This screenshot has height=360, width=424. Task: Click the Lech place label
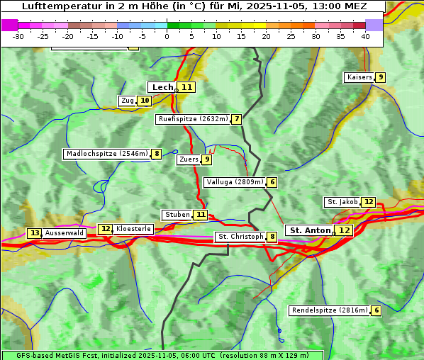[162, 87]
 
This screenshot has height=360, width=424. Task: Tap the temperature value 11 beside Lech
[186, 87]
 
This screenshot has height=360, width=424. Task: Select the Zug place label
[127, 101]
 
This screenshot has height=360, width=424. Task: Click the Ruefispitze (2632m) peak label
[193, 119]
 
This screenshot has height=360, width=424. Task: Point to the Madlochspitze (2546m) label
[106, 154]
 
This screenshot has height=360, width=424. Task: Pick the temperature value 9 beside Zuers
[207, 159]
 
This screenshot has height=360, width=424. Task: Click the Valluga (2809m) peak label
[235, 182]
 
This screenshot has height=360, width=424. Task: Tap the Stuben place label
[177, 215]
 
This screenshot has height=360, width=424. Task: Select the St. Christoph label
[240, 237]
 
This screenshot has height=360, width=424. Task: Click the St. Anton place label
[310, 230]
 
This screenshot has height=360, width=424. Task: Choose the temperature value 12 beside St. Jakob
[369, 202]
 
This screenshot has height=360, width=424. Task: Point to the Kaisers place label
[359, 77]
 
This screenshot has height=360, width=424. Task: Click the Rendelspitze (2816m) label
[330, 310]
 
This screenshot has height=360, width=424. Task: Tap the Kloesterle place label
[133, 229]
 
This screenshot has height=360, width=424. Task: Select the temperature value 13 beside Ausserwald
[34, 233]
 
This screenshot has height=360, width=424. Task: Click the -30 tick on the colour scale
[18, 36]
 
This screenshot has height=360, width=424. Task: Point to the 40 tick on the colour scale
[365, 36]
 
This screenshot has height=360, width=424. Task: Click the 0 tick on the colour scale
[167, 36]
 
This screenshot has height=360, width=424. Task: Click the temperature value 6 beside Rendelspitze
[376, 310]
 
